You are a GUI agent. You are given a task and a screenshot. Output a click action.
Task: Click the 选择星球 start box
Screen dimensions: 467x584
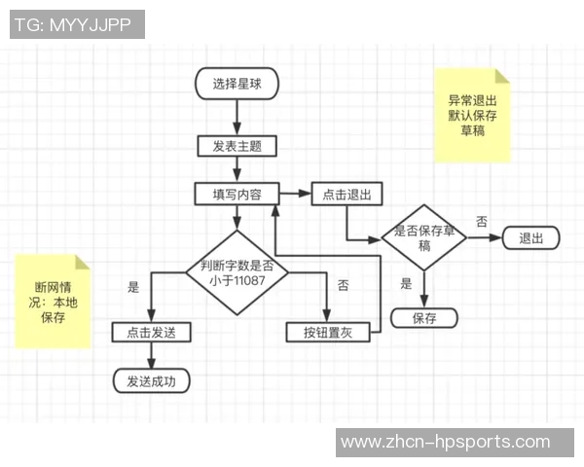coord(237,84)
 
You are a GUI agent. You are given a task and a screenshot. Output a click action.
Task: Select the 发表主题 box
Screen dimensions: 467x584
coord(237,146)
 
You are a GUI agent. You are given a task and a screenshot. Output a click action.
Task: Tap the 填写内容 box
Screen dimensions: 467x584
coord(237,194)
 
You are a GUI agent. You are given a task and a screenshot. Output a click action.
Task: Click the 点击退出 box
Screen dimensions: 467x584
coord(347,195)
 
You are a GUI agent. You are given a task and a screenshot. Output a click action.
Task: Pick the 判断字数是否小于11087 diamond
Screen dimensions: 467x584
coord(237,272)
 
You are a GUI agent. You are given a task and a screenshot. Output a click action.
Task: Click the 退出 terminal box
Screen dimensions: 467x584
coord(530,237)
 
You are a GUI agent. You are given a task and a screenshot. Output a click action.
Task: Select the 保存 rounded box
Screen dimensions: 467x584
coord(424,318)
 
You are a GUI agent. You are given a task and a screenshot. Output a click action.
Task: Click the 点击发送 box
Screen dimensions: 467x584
coord(150,332)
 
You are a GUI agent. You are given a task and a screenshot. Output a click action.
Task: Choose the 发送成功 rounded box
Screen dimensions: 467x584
coord(151,380)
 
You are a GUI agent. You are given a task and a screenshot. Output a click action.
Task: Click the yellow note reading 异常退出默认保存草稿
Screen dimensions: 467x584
coord(472,115)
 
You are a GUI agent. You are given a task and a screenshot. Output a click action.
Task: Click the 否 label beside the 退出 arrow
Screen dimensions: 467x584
coord(481,222)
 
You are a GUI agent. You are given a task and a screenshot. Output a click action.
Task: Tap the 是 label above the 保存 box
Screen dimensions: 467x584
coord(407,285)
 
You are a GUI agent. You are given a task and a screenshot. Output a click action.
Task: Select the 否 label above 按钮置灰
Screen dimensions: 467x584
coord(343,286)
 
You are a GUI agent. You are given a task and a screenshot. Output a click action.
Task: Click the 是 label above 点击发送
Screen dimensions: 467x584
coord(134,287)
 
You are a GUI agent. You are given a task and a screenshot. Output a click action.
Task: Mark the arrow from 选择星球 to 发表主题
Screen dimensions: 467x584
coord(237,117)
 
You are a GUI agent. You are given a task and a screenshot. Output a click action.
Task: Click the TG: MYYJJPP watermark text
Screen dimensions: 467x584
coord(77,24)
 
